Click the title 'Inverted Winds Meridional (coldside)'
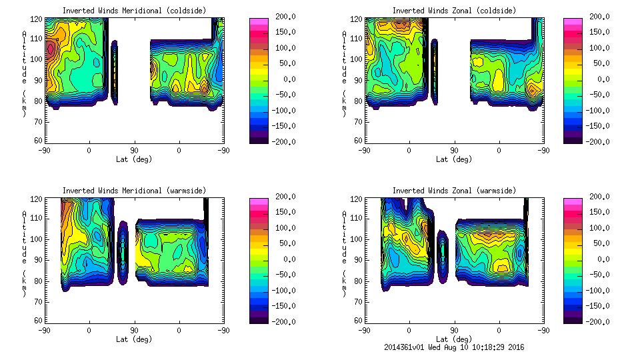135,11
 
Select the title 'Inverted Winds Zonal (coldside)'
454,11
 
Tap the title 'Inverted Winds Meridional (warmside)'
135,191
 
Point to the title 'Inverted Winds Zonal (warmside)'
454,191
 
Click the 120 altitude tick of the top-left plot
38,20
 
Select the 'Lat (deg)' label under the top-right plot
454,159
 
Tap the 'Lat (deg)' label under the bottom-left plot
135,339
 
